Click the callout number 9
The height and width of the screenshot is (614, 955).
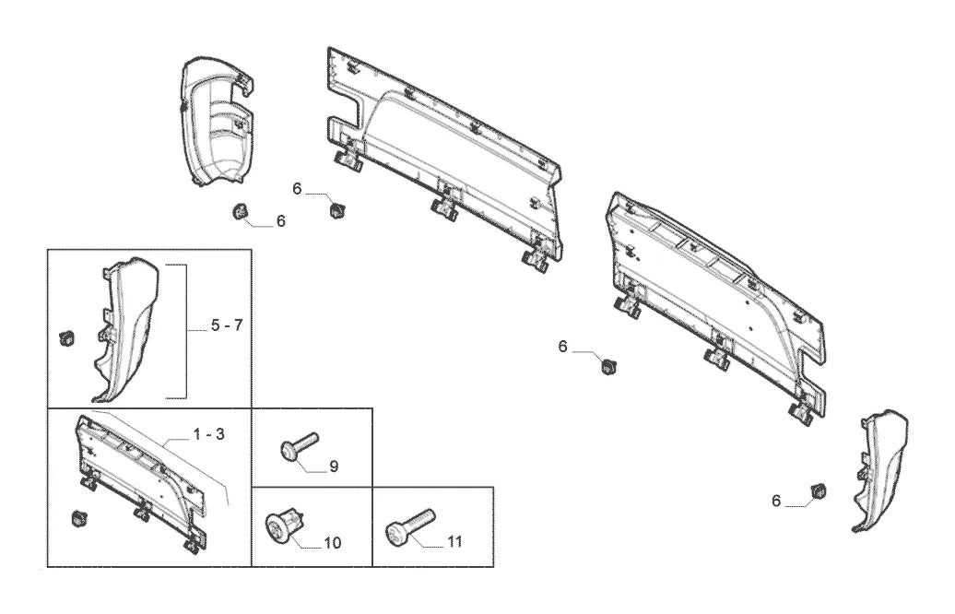click(x=333, y=466)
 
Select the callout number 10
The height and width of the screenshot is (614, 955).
click(x=333, y=542)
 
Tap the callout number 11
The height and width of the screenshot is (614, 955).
click(x=455, y=541)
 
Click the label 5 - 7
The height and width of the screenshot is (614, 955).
click(x=227, y=325)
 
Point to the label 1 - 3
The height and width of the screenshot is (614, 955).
click(x=209, y=434)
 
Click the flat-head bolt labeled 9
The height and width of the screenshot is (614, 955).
click(x=300, y=446)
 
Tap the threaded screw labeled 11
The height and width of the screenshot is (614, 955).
click(x=410, y=527)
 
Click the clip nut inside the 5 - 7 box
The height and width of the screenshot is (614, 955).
click(x=65, y=337)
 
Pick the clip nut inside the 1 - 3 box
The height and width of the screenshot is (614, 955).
click(x=79, y=519)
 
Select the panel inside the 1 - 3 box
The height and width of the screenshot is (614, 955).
click(x=142, y=480)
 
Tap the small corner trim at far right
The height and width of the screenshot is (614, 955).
click(x=879, y=470)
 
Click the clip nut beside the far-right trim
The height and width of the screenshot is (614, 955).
click(x=819, y=490)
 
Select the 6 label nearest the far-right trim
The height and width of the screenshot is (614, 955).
click(x=775, y=501)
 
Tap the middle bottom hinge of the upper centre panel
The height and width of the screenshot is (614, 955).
click(x=445, y=204)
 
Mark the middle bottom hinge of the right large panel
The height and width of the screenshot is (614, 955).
click(x=718, y=352)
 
